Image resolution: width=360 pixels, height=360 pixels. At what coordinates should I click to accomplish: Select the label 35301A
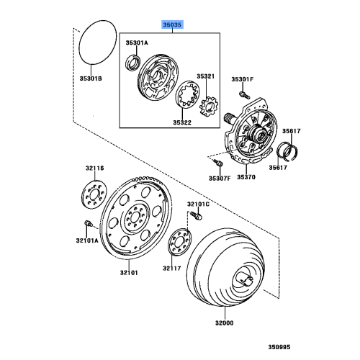pyautogui.click(x=136, y=43)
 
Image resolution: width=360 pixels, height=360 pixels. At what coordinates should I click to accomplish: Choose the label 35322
pyautogui.click(x=182, y=123)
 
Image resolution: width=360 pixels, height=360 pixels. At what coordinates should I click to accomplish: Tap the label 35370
pyautogui.click(x=246, y=176)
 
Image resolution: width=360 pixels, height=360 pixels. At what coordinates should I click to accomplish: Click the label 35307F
pyautogui.click(x=219, y=177)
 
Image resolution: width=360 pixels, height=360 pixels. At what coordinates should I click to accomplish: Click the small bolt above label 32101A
pyautogui.click(x=86, y=223)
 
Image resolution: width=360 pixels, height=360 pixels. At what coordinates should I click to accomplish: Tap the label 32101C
pyautogui.click(x=198, y=205)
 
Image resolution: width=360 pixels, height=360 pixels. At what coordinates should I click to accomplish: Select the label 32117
pyautogui.click(x=171, y=268)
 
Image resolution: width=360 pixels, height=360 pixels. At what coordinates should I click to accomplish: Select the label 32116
pyautogui.click(x=94, y=168)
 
